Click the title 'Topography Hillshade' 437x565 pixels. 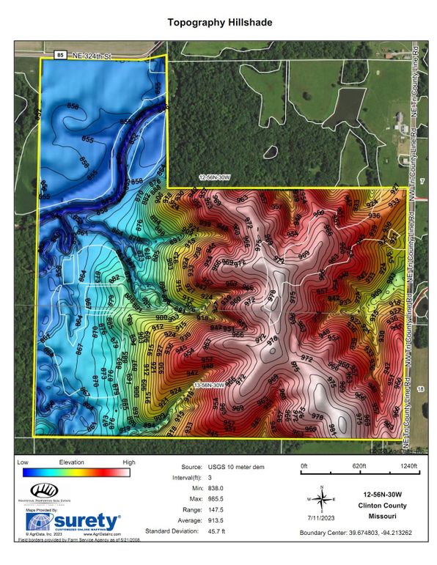(219, 23)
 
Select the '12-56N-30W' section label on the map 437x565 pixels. (216, 177)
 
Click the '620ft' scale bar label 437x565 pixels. (359, 465)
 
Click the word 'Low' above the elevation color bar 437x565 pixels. (22, 463)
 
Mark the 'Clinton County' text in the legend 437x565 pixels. (385, 505)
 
